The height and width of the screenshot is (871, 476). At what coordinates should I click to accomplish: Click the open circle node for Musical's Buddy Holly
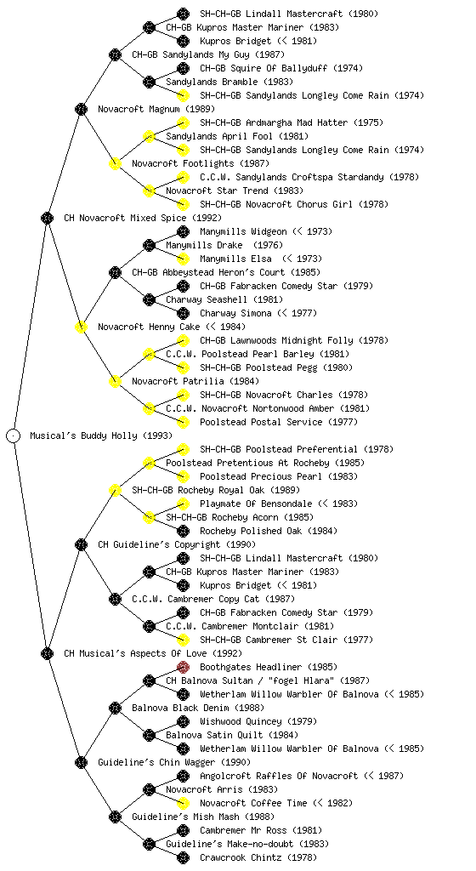pyautogui.click(x=14, y=436)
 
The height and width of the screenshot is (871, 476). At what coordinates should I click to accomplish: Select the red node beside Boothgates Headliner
pyautogui.click(x=183, y=667)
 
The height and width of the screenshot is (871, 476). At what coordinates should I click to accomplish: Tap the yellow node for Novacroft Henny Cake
pyautogui.click(x=81, y=327)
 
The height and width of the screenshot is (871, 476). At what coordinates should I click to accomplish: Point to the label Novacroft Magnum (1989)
pyautogui.click(x=156, y=109)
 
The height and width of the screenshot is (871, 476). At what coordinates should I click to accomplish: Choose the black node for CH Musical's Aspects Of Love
pyautogui.click(x=47, y=653)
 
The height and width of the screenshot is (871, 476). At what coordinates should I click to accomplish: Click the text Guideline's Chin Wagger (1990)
pyautogui.click(x=174, y=762)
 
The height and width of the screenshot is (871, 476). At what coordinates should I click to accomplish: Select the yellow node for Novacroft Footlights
pyautogui.click(x=115, y=163)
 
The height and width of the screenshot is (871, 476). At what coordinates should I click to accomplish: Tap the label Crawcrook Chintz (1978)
pyautogui.click(x=258, y=857)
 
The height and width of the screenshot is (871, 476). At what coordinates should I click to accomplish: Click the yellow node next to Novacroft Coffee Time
pyautogui.click(x=183, y=803)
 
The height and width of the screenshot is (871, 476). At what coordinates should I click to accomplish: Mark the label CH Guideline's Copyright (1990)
pyautogui.click(x=177, y=544)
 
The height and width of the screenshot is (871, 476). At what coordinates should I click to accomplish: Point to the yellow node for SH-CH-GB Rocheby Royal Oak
pyautogui.click(x=115, y=490)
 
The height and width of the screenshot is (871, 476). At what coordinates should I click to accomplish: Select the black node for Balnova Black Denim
pyautogui.click(x=115, y=708)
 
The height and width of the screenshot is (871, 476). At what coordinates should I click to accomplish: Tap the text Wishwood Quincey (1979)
pyautogui.click(x=258, y=721)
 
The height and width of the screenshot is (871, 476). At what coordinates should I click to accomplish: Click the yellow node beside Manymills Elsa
pyautogui.click(x=183, y=259)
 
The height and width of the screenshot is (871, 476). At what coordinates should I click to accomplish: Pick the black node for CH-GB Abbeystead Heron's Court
pyautogui.click(x=115, y=272)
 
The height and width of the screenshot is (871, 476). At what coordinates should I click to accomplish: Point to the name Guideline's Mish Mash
pyautogui.click(x=185, y=817)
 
